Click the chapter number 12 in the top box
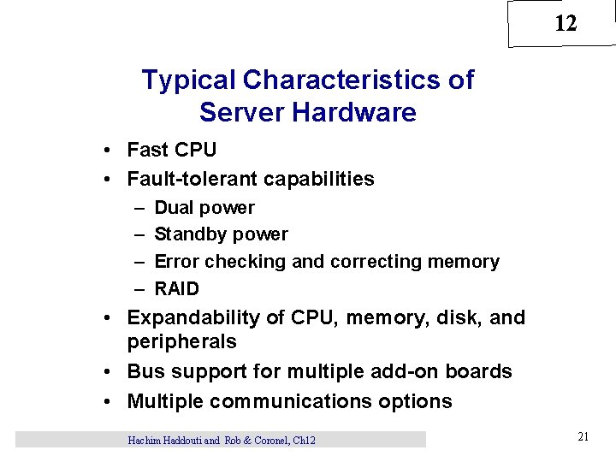[x=566, y=24]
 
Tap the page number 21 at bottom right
[x=583, y=437]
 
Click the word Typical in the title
[x=189, y=80]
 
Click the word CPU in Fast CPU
[x=196, y=150]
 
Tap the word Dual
[x=174, y=208]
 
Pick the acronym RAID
[x=176, y=288]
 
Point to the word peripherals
[x=181, y=341]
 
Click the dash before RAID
[x=139, y=288]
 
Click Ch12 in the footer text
[x=304, y=440]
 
